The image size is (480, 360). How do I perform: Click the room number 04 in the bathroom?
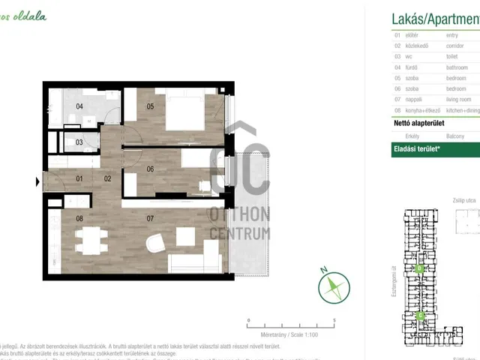point(79,106)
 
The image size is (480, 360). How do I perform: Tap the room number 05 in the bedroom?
point(150,106)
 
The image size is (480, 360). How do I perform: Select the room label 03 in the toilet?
point(79,142)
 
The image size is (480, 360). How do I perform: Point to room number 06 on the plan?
point(150,169)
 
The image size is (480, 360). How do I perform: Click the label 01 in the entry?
point(79,178)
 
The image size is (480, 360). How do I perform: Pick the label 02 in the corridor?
point(108,178)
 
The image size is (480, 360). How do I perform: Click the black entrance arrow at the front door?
point(37,181)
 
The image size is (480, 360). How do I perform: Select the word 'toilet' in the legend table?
point(452,56)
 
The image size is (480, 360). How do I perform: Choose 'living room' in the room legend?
point(458,99)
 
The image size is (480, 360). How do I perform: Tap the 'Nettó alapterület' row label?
point(418,123)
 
